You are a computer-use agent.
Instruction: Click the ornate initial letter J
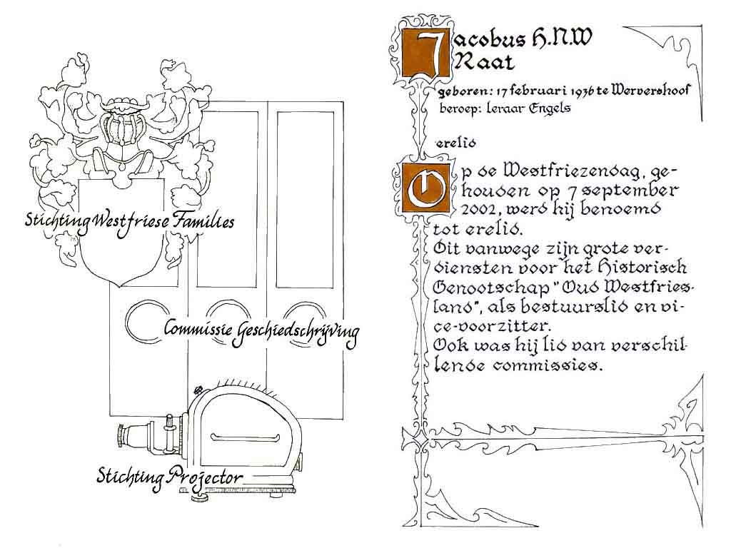(x=425, y=54)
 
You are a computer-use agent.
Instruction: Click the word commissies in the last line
(x=548, y=365)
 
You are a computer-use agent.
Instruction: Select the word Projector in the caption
(x=205, y=477)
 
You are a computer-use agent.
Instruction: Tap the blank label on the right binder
(x=306, y=200)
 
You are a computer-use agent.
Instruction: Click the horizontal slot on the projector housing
(x=246, y=438)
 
